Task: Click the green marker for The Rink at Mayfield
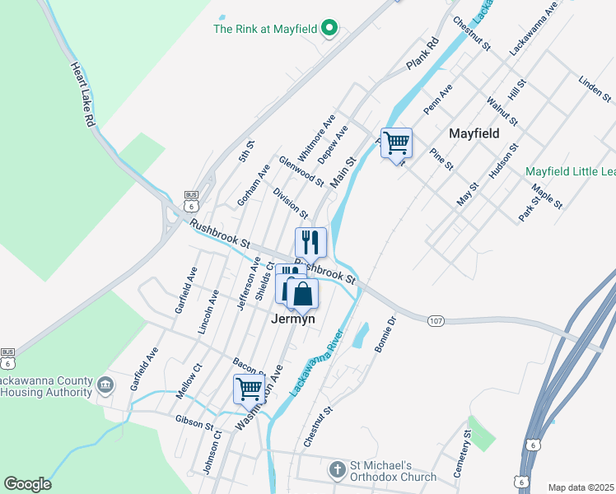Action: (x=329, y=29)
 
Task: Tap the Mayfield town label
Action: (x=474, y=133)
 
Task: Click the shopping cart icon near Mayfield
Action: (x=397, y=143)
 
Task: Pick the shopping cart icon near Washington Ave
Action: (x=249, y=389)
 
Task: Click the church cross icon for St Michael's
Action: (x=337, y=470)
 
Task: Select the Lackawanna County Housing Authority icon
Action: (x=105, y=384)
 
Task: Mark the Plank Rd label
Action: (x=423, y=54)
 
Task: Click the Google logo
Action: (x=27, y=484)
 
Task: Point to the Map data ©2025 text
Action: (x=581, y=487)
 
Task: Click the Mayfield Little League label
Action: (x=571, y=171)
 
